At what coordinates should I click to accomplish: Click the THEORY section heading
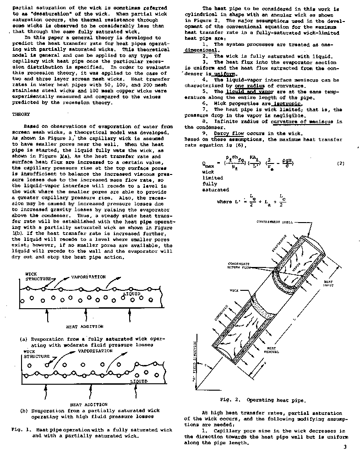pyautogui.click(x=21, y=114)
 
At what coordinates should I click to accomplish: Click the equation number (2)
pyautogui.click(x=340, y=163)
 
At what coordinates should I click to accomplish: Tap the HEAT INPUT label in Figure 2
pyautogui.click(x=329, y=283)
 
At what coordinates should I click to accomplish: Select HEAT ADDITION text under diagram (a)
pyautogui.click(x=84, y=327)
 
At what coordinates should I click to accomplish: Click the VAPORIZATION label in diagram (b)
pyautogui.click(x=95, y=351)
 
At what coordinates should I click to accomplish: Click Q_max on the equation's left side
pyautogui.click(x=207, y=163)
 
